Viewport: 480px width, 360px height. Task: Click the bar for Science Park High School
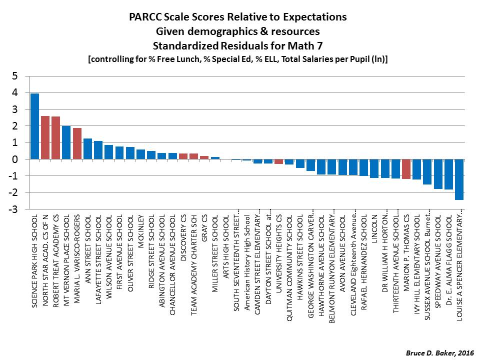click(34, 126)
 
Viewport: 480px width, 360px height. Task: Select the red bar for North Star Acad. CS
click(45, 137)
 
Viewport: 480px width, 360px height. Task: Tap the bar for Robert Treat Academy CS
click(55, 137)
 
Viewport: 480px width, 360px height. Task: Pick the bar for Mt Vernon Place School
click(66, 142)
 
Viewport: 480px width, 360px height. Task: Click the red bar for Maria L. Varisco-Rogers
click(77, 143)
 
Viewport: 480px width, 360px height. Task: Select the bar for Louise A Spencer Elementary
click(459, 179)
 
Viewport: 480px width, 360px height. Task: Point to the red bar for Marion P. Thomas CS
click(406, 169)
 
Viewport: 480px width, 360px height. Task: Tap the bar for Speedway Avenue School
click(438, 174)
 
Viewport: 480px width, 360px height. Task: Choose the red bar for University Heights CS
click(278, 161)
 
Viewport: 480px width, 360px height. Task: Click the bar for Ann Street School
click(87, 149)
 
